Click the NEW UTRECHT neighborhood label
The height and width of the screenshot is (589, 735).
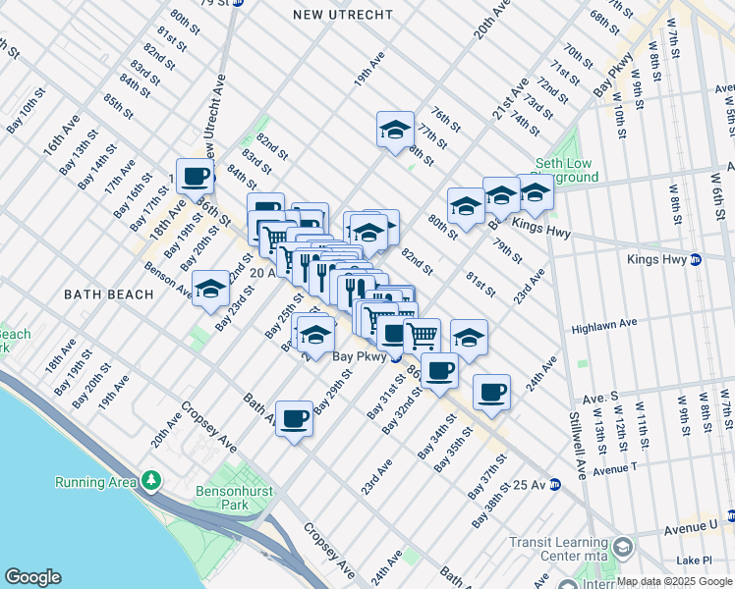(x=344, y=15)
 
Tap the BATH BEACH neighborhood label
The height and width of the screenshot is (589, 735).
(x=108, y=294)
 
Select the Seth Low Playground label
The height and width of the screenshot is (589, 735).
(x=566, y=170)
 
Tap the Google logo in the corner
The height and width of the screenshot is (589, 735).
(x=32, y=577)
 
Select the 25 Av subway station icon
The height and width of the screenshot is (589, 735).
(x=554, y=484)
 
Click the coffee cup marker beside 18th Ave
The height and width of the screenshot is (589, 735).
(x=195, y=177)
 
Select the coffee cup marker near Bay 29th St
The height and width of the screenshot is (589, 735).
(x=294, y=419)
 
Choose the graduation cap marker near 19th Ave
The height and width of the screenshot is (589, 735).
(x=395, y=130)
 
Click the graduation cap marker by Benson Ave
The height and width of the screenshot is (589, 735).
(x=210, y=289)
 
